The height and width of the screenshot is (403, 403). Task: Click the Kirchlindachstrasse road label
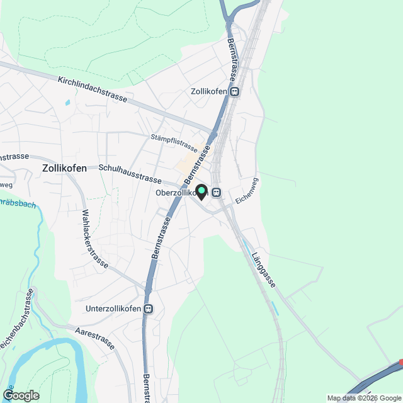click(92, 90)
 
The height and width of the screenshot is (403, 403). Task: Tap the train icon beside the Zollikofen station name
click(235, 92)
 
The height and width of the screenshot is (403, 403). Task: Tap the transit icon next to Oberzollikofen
click(216, 193)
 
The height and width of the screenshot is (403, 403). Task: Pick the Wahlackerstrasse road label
click(92, 239)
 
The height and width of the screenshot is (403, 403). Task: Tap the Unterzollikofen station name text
click(113, 309)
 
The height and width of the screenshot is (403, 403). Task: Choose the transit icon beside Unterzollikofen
click(149, 309)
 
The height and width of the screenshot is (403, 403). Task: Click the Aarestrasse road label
click(94, 338)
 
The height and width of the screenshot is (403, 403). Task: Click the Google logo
click(21, 395)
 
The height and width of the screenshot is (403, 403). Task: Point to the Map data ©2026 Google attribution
click(364, 398)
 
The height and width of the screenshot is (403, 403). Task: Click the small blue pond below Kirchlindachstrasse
click(67, 102)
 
